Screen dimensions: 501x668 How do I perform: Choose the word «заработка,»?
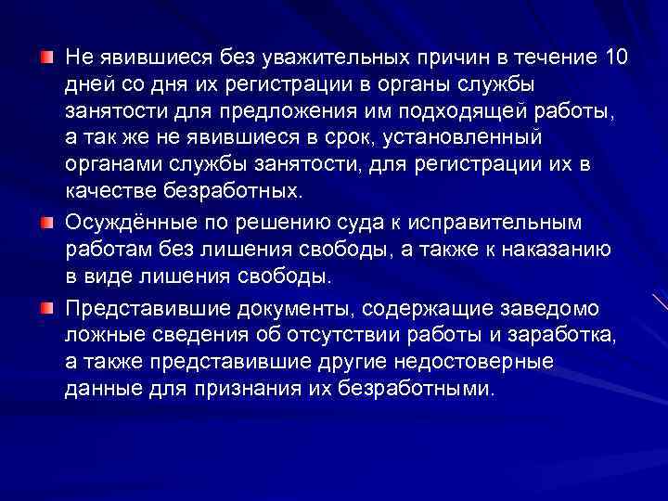pyautogui.click(x=571, y=334)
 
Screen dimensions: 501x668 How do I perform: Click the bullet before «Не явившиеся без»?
pyautogui.click(x=46, y=58)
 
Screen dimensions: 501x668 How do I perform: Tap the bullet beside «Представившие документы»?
pyautogui.click(x=46, y=307)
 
